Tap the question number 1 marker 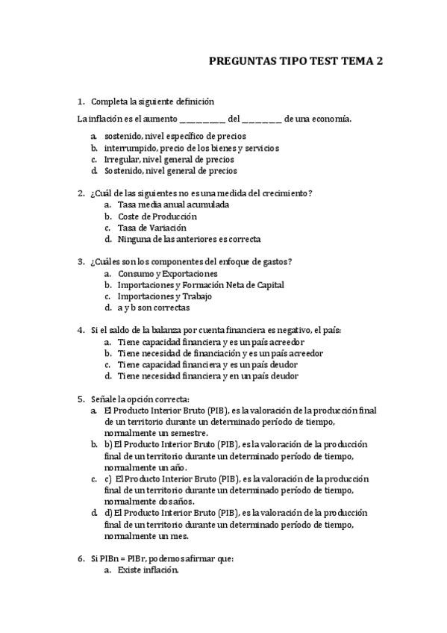click(x=81, y=102)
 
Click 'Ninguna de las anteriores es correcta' click(x=190, y=239)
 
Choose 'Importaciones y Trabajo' click(x=164, y=296)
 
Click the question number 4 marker click(x=81, y=330)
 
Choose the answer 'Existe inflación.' click(x=149, y=570)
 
